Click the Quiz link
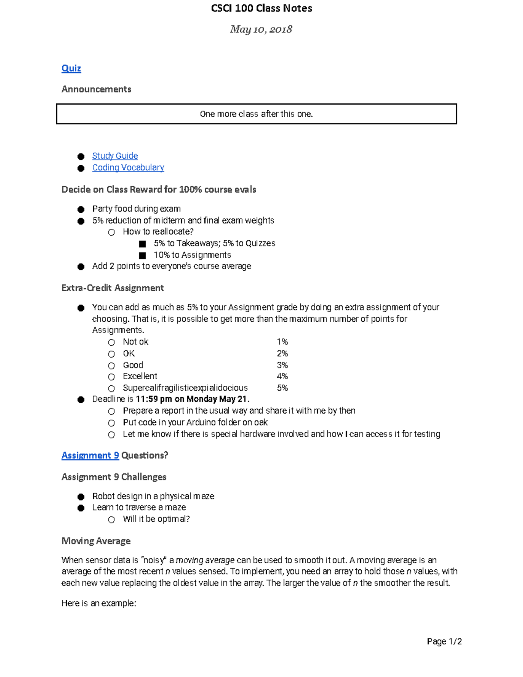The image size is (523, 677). click(71, 68)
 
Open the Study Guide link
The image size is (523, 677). click(115, 156)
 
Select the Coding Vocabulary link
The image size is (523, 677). click(128, 168)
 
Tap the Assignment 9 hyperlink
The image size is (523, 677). click(90, 456)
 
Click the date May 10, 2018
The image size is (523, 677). click(261, 29)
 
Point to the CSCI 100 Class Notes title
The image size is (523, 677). click(261, 8)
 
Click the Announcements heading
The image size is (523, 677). click(96, 89)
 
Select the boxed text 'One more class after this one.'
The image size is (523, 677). click(256, 114)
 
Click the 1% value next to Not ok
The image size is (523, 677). click(282, 342)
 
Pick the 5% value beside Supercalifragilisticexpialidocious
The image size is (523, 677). click(282, 388)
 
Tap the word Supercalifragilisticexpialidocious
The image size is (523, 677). click(185, 388)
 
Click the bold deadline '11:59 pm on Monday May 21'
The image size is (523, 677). click(192, 399)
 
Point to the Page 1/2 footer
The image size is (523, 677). click(444, 641)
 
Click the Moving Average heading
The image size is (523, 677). click(96, 541)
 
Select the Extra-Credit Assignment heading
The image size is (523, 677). click(112, 288)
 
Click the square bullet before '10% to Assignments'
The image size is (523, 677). click(143, 255)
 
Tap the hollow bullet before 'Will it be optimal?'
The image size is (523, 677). click(112, 520)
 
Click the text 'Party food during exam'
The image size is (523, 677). click(136, 209)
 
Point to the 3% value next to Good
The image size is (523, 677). click(282, 365)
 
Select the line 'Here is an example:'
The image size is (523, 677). click(99, 603)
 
